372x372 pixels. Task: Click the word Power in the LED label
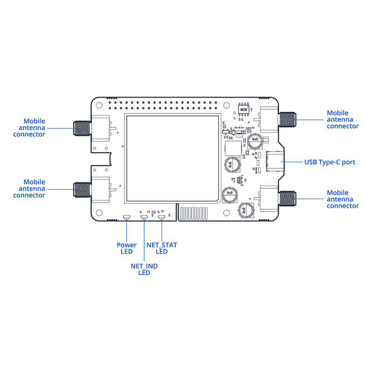pyautogui.click(x=126, y=245)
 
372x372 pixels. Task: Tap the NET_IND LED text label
pyautogui.click(x=144, y=270)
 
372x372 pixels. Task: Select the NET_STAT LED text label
pyautogui.click(x=162, y=248)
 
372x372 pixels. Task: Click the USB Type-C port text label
pyautogui.click(x=330, y=162)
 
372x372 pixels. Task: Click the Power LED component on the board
pyautogui.click(x=126, y=217)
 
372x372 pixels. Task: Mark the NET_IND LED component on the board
pyautogui.click(x=144, y=217)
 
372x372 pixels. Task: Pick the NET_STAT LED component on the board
pyautogui.click(x=161, y=217)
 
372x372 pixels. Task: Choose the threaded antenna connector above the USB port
pyautogui.click(x=288, y=120)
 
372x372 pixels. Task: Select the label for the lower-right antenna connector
pyautogui.click(x=343, y=199)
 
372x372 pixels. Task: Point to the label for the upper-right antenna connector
pyautogui.click(x=343, y=120)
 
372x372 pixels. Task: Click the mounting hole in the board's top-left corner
pyautogui.click(x=100, y=105)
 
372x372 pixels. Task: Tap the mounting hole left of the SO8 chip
pyautogui.click(x=227, y=106)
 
